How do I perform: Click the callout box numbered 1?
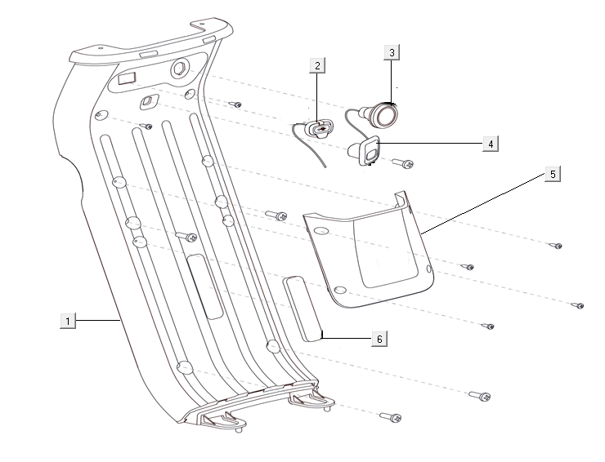pos(69,321)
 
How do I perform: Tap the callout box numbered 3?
pos(392,52)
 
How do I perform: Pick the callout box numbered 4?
pos(490,143)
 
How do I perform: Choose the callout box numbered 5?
pos(553,175)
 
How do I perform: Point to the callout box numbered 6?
pos(378,337)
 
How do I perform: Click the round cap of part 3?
pos(383,114)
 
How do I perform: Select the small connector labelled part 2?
pos(318,128)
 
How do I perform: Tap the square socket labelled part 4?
pos(367,149)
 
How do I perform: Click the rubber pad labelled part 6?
pos(302,307)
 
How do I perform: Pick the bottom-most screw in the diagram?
pos(390,418)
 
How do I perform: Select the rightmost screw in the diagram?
pos(576,305)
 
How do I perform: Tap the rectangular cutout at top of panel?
pos(128,78)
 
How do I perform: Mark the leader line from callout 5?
pos(482,205)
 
